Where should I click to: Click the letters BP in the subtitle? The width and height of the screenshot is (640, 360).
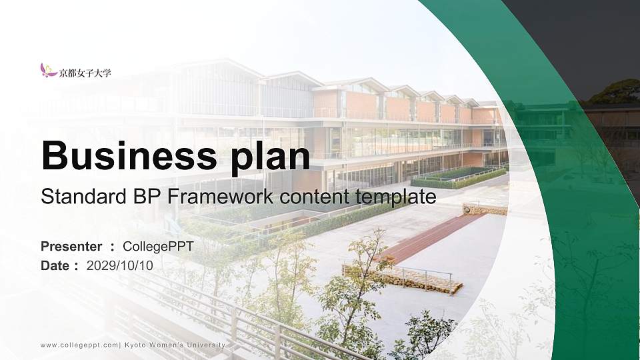151,197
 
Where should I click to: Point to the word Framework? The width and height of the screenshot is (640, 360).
225,197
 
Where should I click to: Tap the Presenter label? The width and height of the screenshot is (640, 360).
71,247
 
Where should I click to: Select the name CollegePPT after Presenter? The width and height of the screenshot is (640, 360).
159,247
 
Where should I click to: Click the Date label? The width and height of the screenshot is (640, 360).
55,265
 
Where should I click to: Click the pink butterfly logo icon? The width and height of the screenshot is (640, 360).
48,70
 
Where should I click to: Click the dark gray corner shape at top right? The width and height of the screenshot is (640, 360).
587,40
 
